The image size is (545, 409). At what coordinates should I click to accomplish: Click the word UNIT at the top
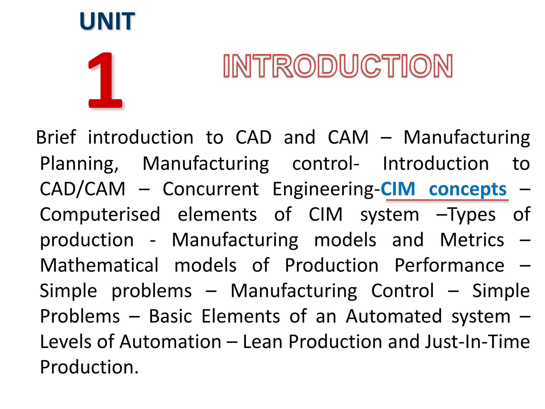pyautogui.click(x=107, y=21)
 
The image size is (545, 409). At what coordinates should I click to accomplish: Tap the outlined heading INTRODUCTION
pyautogui.click(x=337, y=66)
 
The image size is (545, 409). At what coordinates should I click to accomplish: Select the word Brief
pyautogui.click(x=56, y=138)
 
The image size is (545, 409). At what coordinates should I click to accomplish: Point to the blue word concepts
pyautogui.click(x=468, y=189)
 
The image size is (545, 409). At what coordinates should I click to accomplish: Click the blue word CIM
pyautogui.click(x=398, y=189)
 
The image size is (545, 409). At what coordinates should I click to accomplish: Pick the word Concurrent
pyautogui.click(x=210, y=189)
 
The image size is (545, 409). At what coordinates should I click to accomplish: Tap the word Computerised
pyautogui.click(x=100, y=215)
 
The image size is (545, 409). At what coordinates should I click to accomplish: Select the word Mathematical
pyautogui.click(x=99, y=265)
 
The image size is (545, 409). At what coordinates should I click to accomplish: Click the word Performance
pyautogui.click(x=449, y=265)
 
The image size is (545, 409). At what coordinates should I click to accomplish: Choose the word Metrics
pyautogui.click(x=472, y=240)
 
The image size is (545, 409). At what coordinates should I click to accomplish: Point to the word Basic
pyautogui.click(x=170, y=317)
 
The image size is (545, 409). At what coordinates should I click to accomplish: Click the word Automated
pyautogui.click(x=394, y=317)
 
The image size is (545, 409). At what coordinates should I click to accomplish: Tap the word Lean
pyautogui.click(x=262, y=342)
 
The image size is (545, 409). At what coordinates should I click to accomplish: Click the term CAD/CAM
pyautogui.click(x=82, y=189)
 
